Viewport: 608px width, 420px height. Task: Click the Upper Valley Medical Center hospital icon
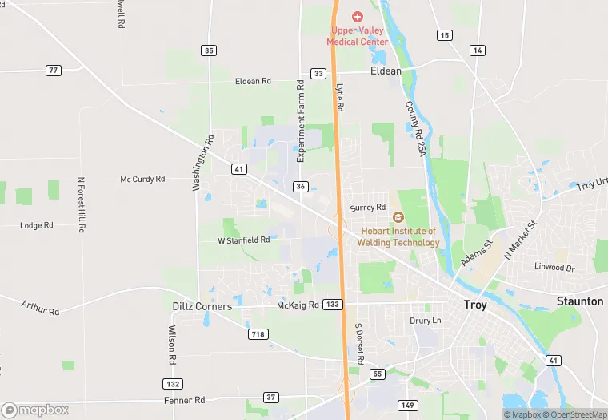pos(358,17)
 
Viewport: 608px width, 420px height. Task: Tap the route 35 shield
pos(209,50)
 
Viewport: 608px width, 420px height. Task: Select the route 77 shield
pos(54,71)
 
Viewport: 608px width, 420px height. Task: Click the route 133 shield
pos(334,305)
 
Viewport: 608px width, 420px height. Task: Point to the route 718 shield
pos(258,333)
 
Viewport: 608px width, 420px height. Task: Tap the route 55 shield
pos(378,374)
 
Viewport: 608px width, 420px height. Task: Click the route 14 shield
pos(478,50)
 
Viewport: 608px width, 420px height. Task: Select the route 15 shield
pos(444,35)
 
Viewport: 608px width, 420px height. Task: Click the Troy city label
pos(475,305)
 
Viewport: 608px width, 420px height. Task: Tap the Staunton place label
pos(580,301)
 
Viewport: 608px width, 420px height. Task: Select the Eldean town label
pos(386,71)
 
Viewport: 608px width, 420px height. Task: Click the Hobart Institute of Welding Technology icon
pos(398,217)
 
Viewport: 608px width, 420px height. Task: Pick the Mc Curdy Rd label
pos(142,180)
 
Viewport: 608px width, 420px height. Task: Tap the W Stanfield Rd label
pos(244,240)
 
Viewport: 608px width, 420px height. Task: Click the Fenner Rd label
pos(185,399)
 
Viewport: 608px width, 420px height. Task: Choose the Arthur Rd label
pos(42,308)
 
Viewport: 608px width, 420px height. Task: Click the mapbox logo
pos(35,410)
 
